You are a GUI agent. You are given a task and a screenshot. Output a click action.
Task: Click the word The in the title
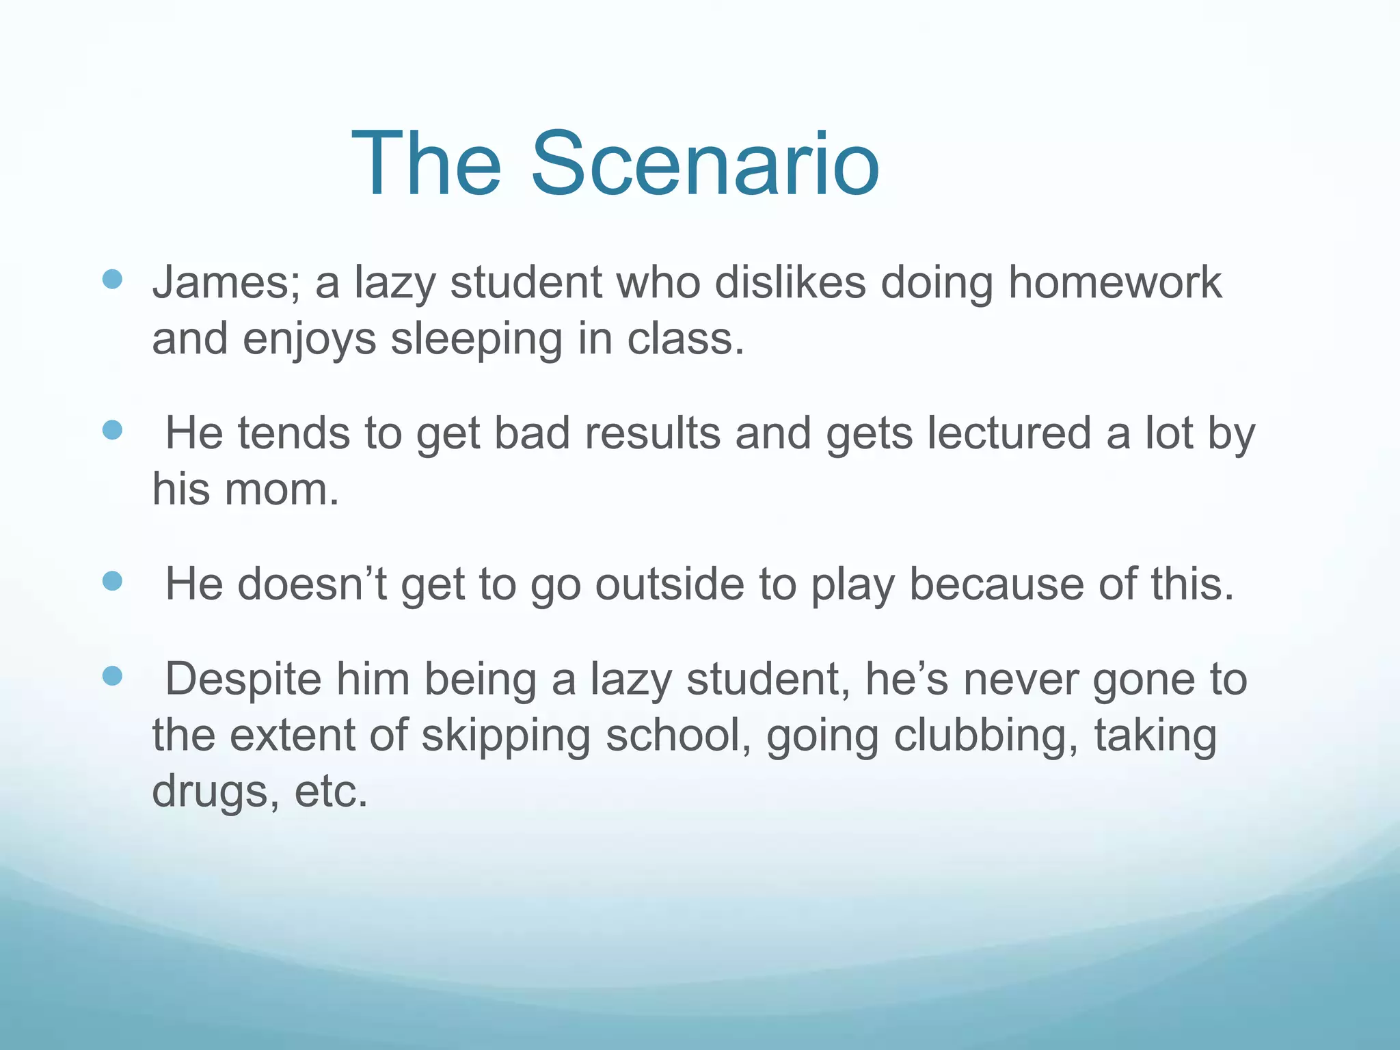pyautogui.click(x=427, y=165)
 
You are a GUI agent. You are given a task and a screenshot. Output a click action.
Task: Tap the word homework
pyautogui.click(x=1114, y=283)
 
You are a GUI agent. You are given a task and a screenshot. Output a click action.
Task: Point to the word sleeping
pyautogui.click(x=476, y=340)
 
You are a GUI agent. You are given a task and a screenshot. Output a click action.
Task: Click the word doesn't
pyautogui.click(x=312, y=584)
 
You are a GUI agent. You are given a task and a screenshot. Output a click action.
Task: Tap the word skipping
pyautogui.click(x=506, y=736)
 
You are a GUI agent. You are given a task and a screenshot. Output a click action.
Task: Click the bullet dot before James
pyautogui.click(x=112, y=279)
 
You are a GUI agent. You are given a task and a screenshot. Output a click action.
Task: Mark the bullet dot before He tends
pyautogui.click(x=112, y=430)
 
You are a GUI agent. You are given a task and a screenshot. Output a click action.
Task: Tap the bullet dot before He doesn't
pyautogui.click(x=112, y=581)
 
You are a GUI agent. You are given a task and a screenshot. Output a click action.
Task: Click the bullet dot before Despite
pyautogui.click(x=112, y=676)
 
